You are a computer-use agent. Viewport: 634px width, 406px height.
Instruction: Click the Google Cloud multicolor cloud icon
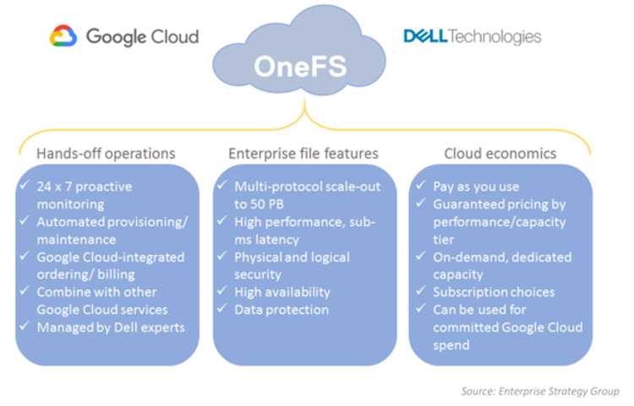(x=63, y=35)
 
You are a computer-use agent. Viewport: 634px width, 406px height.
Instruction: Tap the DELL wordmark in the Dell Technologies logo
(x=425, y=36)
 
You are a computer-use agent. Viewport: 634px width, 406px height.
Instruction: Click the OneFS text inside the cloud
(x=300, y=66)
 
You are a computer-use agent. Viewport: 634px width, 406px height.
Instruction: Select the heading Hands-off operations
(x=106, y=154)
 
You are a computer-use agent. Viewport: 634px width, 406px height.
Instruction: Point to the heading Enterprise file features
(x=303, y=154)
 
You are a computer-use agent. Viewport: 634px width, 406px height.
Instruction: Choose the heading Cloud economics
(x=500, y=154)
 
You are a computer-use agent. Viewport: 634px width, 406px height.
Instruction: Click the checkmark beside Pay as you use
(x=421, y=185)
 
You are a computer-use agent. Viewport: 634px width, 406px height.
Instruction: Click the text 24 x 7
(x=54, y=187)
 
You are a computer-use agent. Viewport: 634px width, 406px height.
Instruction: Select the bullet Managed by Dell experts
(x=111, y=328)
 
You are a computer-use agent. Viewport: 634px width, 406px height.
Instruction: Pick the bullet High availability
(x=282, y=292)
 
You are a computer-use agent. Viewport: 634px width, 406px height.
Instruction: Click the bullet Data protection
(x=281, y=310)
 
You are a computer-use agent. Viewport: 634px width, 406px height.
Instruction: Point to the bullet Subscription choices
(x=494, y=292)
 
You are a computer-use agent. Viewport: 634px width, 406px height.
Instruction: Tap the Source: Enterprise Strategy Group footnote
(x=540, y=391)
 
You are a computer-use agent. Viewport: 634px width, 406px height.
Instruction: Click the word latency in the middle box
(x=277, y=240)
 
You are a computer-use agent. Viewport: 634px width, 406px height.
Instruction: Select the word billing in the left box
(x=116, y=274)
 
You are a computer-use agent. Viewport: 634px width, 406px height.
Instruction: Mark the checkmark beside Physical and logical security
(x=222, y=256)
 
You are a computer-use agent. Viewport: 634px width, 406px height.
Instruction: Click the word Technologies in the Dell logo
(x=495, y=36)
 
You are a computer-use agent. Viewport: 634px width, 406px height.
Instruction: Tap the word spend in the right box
(x=451, y=345)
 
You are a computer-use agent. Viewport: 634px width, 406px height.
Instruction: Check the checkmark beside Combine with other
(x=25, y=290)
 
